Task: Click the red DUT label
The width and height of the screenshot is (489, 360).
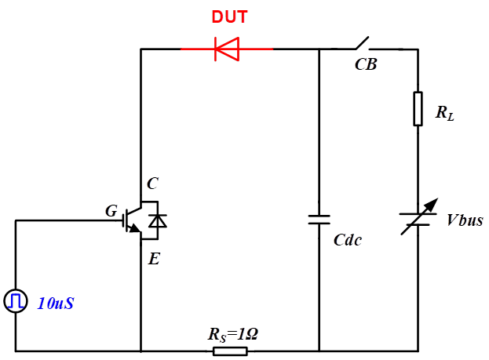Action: click(x=228, y=16)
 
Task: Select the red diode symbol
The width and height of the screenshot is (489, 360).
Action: click(x=227, y=49)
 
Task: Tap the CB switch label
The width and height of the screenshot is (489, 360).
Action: click(x=366, y=65)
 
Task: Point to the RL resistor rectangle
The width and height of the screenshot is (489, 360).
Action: click(x=418, y=108)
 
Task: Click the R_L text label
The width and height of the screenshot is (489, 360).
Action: click(x=445, y=113)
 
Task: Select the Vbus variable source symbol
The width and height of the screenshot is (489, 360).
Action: click(x=418, y=219)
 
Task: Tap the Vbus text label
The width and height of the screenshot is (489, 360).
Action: click(x=465, y=220)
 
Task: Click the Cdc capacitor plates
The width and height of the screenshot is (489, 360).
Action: click(x=319, y=219)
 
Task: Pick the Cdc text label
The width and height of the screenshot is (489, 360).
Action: click(x=348, y=240)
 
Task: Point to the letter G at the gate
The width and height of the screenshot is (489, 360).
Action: click(x=111, y=210)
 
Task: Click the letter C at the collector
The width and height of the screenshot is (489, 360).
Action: click(x=152, y=184)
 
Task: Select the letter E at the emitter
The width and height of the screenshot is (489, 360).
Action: click(x=154, y=258)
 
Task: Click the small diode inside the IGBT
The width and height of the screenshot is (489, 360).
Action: click(x=158, y=221)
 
